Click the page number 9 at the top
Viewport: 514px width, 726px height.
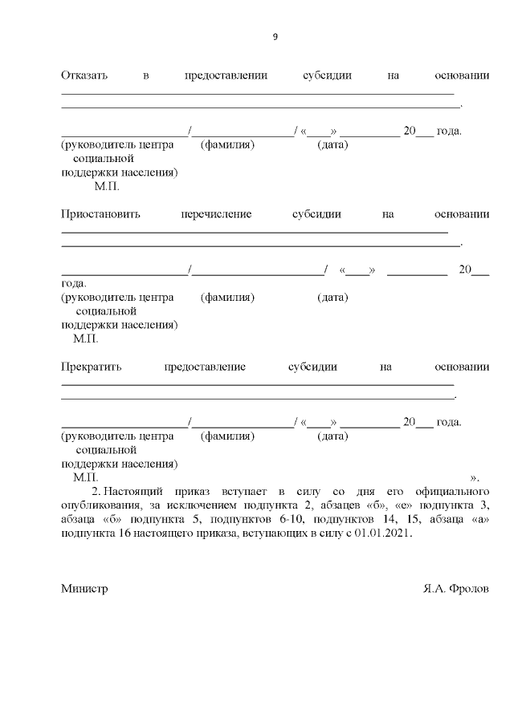[275, 36]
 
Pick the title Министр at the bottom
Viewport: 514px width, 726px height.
[84, 588]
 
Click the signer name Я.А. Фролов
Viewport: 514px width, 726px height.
[456, 588]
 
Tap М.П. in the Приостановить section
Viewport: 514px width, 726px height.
[85, 339]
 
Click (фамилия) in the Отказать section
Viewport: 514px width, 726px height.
[227, 145]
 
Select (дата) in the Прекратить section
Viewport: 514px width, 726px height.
[332, 436]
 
